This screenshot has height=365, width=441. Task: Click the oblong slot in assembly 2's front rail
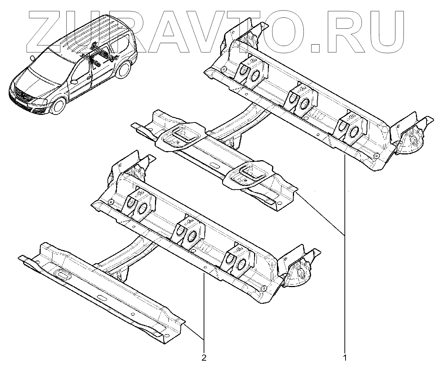(63, 276)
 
